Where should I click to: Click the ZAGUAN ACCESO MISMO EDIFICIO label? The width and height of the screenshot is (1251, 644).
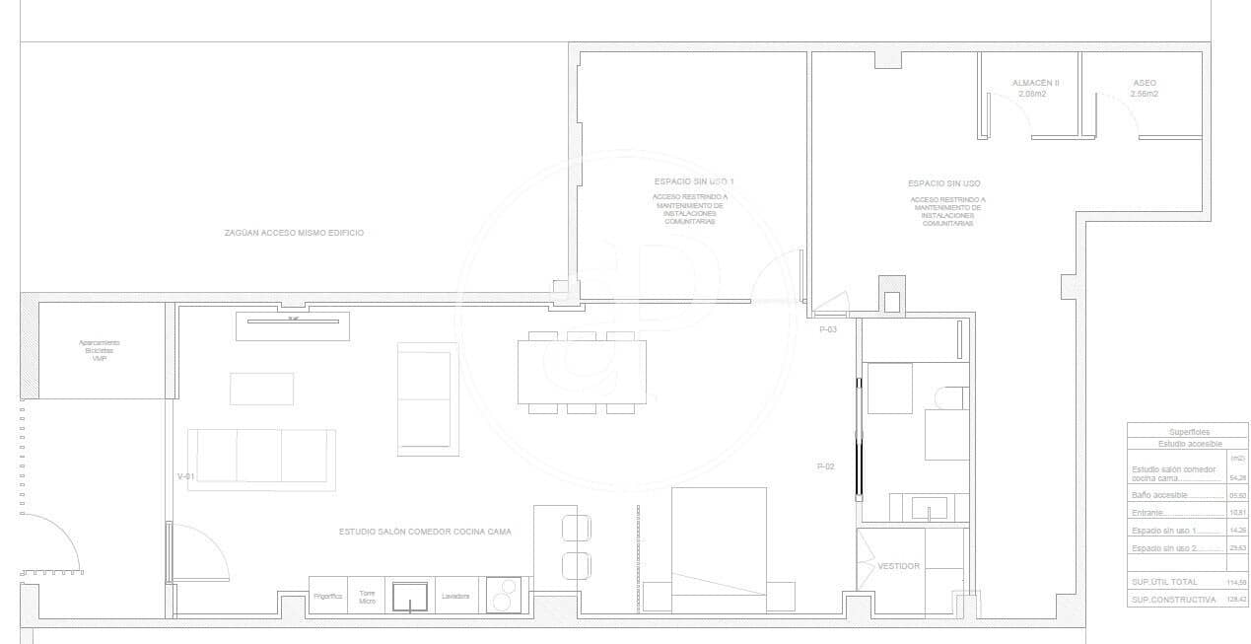tap(294, 233)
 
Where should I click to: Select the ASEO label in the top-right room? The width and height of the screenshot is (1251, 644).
tap(1145, 83)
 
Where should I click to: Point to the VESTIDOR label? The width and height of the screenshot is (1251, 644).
tap(898, 566)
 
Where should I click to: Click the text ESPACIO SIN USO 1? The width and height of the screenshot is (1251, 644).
tap(694, 182)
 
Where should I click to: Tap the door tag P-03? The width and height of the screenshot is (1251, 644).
tap(828, 329)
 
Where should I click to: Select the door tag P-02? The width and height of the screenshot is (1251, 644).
tap(825, 466)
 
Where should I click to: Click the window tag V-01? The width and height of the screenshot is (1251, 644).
tap(185, 476)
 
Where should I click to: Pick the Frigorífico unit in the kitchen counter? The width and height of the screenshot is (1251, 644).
tap(327, 597)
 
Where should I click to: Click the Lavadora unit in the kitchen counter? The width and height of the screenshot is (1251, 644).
tap(455, 597)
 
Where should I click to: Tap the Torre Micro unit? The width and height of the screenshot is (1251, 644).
tap(367, 597)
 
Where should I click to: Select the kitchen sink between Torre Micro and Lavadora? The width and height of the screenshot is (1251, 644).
tap(410, 597)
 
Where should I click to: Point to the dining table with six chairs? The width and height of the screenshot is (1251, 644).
tap(582, 372)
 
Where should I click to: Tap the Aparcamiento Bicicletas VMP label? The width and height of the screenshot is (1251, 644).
tap(99, 350)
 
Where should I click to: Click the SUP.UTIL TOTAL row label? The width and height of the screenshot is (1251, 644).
tap(1164, 583)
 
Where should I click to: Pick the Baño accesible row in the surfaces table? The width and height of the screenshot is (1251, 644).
tap(1160, 495)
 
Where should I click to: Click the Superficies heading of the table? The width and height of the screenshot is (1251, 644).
tap(1189, 432)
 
